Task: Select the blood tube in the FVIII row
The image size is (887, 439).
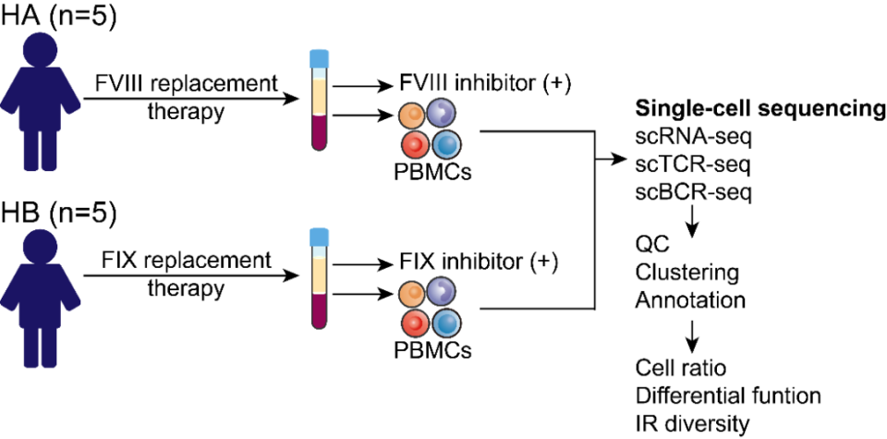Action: point(320,102)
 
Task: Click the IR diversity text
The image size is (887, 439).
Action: point(692,423)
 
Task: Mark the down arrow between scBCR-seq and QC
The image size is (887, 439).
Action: point(690,219)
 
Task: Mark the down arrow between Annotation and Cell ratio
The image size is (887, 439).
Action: point(690,335)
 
